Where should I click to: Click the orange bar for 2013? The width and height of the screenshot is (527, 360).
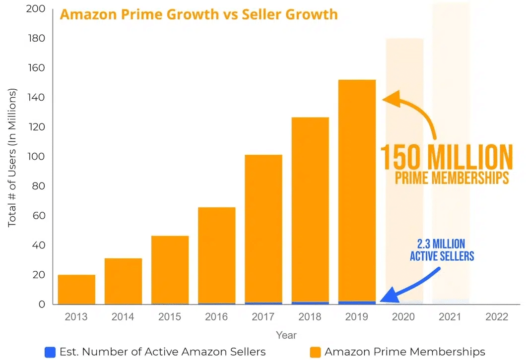coord(76,290)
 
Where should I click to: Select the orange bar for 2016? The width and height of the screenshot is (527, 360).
coord(216,255)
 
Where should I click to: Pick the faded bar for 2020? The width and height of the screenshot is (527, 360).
coord(404,169)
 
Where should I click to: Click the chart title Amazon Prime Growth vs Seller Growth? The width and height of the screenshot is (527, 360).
coord(198,14)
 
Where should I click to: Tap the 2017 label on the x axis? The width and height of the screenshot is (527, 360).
coord(263,317)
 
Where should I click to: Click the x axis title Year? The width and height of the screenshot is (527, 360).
coord(286,335)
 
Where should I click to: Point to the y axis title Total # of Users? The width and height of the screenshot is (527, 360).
coord(12,158)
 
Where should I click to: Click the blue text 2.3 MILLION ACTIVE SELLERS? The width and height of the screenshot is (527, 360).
coord(442,250)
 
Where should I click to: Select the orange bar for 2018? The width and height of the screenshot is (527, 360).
coord(310,211)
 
